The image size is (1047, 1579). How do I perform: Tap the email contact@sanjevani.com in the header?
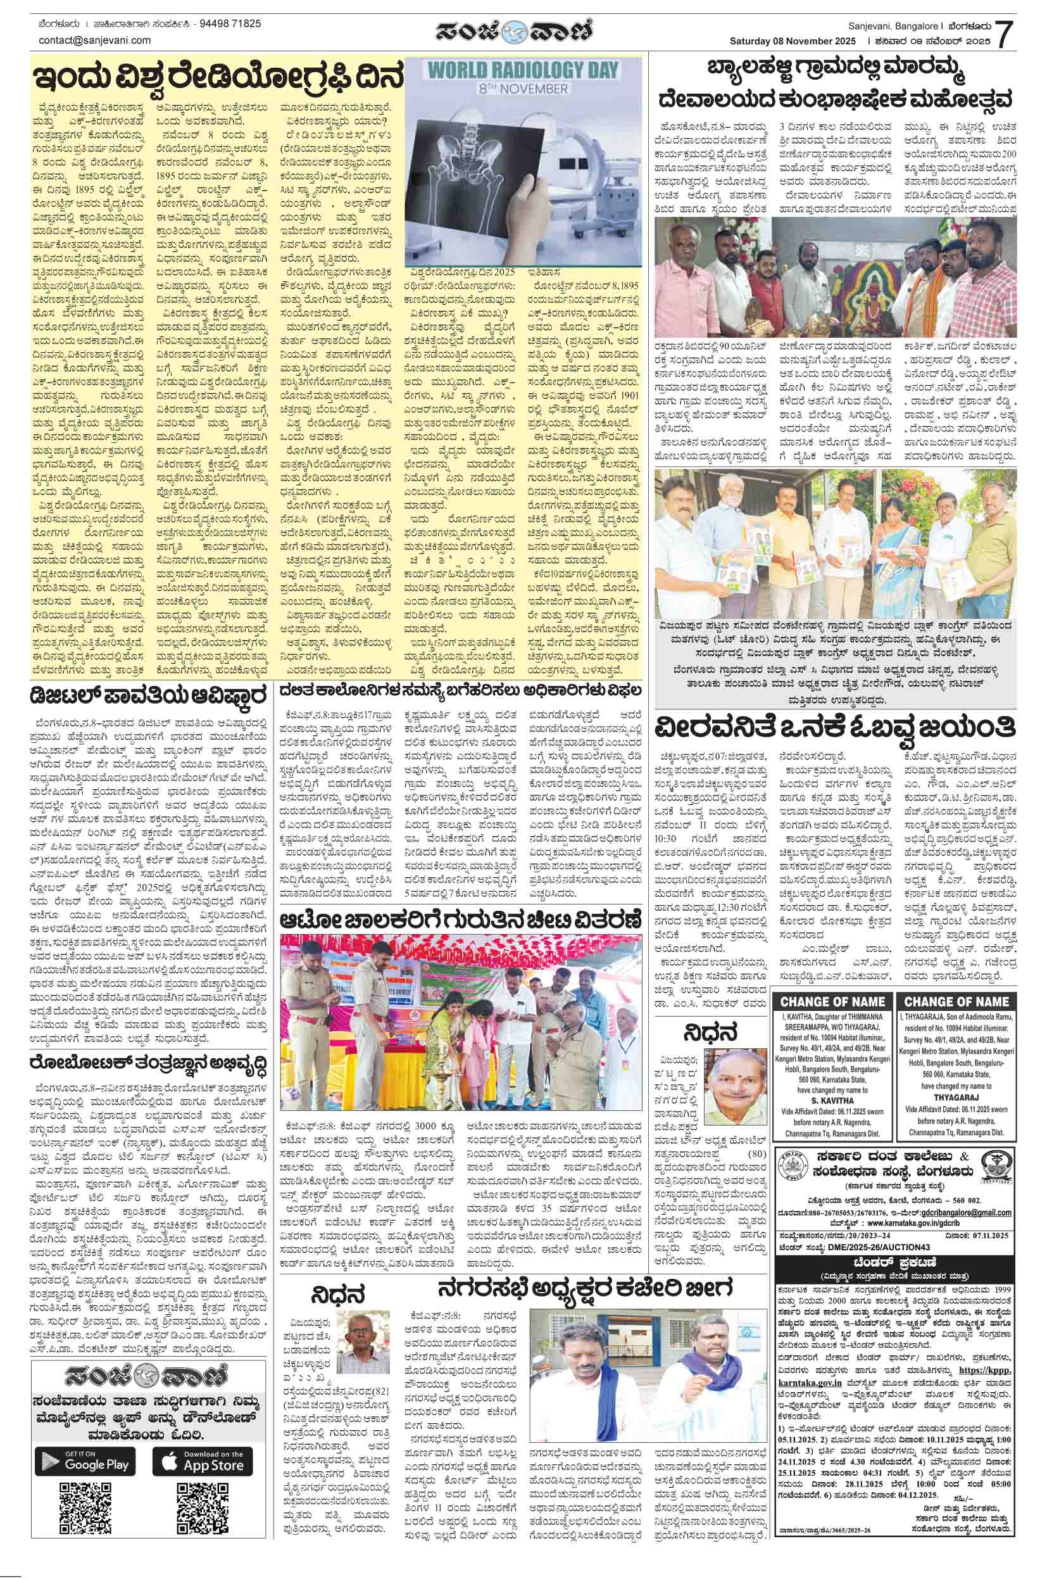click(95, 40)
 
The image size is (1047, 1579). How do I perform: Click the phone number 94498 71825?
click(231, 23)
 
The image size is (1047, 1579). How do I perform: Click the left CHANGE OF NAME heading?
click(831, 1002)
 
